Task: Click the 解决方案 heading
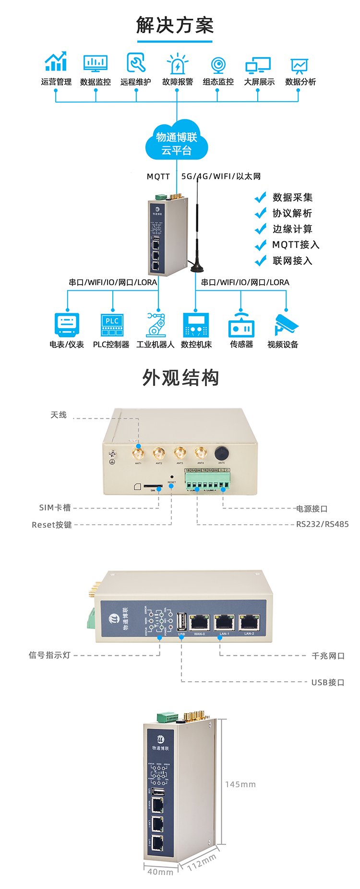coord(175,25)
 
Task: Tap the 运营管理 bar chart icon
coord(56,62)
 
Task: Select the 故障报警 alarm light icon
coord(177,63)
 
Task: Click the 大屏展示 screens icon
coord(258,65)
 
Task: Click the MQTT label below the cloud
coord(158,177)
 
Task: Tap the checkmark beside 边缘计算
coord(260,229)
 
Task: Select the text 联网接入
coord(292,261)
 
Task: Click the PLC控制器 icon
coord(112,325)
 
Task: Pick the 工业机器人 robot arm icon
coord(156,324)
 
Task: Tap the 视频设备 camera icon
coord(286,325)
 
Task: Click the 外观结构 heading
coord(180,378)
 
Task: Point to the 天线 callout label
coord(59,415)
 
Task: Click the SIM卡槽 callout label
coord(55,508)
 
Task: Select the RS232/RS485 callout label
coord(322,524)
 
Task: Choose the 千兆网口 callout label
coord(328,655)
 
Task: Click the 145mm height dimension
coord(240,784)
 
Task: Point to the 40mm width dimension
coord(160,871)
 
